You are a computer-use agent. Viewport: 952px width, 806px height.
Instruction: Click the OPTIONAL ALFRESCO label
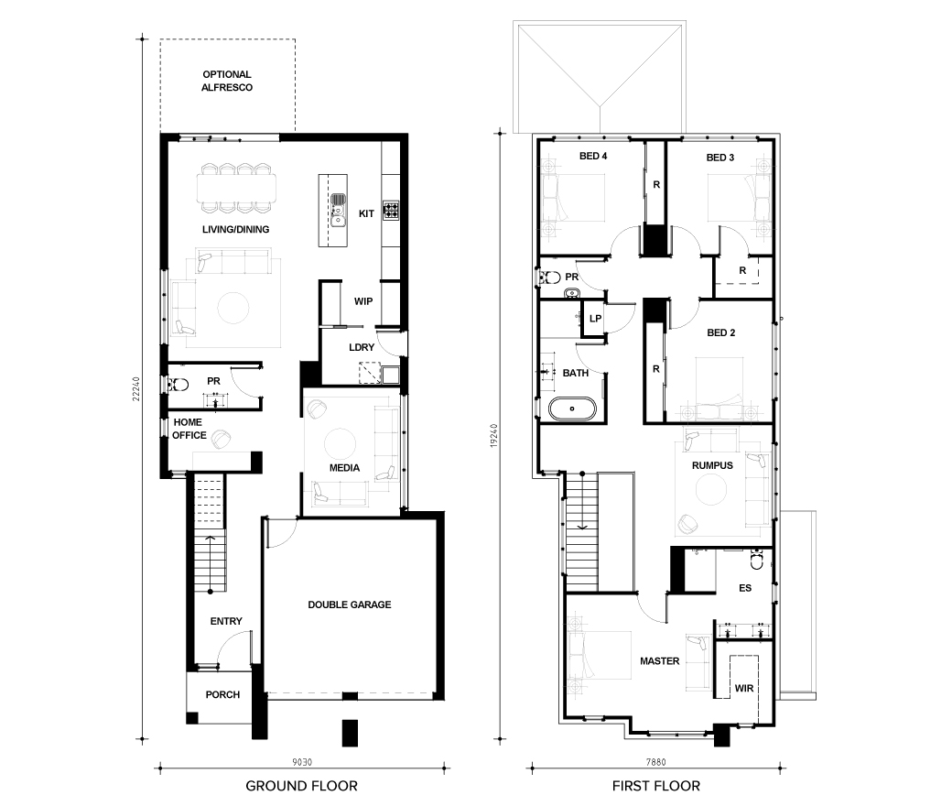tap(227, 81)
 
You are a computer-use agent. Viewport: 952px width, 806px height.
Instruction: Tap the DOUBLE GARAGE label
tap(349, 604)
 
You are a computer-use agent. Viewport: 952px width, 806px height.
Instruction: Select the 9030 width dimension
tap(302, 762)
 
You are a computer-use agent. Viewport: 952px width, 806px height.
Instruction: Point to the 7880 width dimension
tap(655, 762)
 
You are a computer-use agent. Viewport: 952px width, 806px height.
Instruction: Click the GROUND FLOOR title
tap(301, 786)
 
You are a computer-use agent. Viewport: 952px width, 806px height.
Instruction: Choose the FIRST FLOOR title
tap(655, 786)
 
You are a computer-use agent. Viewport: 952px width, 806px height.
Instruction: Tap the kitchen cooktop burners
tap(390, 210)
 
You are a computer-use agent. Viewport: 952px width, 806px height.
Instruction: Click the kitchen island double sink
tap(338, 211)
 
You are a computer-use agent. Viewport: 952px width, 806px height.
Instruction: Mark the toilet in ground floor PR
tap(178, 384)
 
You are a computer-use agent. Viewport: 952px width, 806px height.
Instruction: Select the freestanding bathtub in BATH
tap(572, 408)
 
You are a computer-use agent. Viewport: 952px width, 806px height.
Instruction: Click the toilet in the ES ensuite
tap(756, 560)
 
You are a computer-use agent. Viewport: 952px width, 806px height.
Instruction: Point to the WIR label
tap(743, 688)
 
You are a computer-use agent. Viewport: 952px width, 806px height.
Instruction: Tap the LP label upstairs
tap(595, 318)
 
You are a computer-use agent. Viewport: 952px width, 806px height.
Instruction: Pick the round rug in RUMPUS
tap(711, 489)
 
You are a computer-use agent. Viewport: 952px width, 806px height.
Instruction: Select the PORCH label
tap(222, 694)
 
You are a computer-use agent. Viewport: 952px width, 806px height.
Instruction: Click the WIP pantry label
tap(363, 301)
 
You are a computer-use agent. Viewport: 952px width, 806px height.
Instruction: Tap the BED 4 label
tap(593, 156)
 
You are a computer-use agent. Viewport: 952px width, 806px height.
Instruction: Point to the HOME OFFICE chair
tap(221, 440)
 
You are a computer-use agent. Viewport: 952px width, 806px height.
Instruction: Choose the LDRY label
tap(362, 347)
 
